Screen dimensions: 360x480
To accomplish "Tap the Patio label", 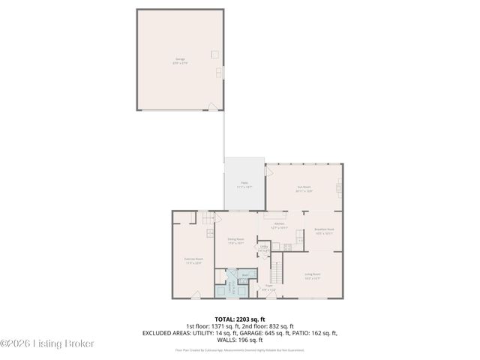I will [x=244, y=184].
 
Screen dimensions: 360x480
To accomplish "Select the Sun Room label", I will [x=304, y=189].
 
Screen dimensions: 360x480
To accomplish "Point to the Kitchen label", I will [x=280, y=226].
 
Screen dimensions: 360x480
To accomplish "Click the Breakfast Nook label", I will [x=324, y=231].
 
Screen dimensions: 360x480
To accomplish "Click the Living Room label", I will [x=311, y=276].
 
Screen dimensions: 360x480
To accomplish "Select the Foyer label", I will [x=268, y=287].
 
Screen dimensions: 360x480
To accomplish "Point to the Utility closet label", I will [x=264, y=249].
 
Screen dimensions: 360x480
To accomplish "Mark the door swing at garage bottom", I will [x=213, y=106].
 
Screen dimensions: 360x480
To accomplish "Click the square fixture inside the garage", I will [x=214, y=54].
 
